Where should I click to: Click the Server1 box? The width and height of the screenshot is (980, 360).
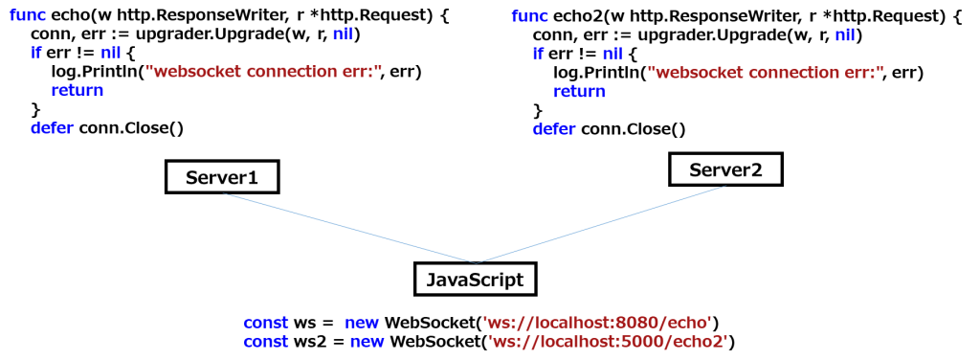(221, 177)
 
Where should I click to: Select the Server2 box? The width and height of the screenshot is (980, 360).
(725, 170)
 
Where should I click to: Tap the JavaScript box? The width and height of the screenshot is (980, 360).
(475, 280)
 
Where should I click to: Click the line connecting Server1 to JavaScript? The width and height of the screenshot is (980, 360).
(349, 228)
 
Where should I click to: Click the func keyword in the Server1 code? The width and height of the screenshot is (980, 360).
(28, 15)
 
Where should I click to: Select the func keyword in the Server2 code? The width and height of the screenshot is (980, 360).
(530, 16)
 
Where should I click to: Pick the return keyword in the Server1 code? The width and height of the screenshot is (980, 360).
(77, 91)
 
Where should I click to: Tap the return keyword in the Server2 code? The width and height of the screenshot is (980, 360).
(579, 92)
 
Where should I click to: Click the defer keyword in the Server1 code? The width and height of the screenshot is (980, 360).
(52, 127)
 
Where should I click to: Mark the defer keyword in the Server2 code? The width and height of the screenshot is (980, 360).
(554, 128)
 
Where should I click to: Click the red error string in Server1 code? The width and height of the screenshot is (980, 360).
(263, 72)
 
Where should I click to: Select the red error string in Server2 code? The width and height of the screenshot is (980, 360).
(765, 73)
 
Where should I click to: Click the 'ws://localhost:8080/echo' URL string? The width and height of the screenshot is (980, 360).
(597, 323)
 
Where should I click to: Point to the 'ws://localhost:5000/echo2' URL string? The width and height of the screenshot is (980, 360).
(608, 341)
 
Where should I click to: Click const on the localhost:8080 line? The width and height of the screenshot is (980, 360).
(265, 323)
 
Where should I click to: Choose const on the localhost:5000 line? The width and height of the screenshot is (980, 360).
(265, 341)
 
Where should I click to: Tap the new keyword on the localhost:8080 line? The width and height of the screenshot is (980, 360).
(362, 323)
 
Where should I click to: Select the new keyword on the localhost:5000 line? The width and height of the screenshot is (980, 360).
(367, 341)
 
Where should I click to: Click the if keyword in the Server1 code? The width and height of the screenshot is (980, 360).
(36, 54)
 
